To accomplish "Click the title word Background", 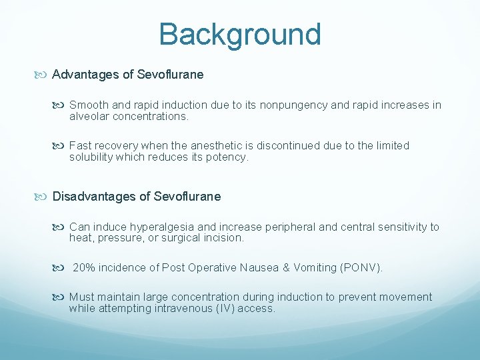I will [240, 35].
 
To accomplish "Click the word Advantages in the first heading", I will [86, 75].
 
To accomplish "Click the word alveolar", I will [90, 117].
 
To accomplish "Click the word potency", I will [229, 157].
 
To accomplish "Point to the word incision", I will [225, 238].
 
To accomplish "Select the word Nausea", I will [257, 268].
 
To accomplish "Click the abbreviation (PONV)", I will [361, 268].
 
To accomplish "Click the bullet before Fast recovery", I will [61, 145].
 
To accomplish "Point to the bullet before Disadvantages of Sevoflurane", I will [44, 197].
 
